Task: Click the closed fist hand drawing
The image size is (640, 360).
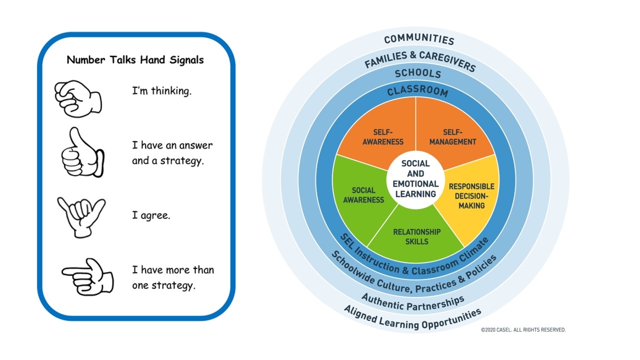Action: click(x=78, y=99)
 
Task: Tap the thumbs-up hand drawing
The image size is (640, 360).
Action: click(x=83, y=152)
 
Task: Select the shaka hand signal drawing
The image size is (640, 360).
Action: click(x=81, y=217)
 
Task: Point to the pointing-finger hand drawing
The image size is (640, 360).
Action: click(x=87, y=277)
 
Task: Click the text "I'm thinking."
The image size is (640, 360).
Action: click(x=161, y=91)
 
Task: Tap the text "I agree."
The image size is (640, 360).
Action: click(x=151, y=215)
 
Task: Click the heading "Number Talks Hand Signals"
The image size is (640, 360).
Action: click(x=135, y=60)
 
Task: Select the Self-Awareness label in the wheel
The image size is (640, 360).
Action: click(x=383, y=137)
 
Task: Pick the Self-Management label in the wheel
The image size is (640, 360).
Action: click(x=453, y=137)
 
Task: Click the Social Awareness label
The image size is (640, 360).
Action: click(x=363, y=195)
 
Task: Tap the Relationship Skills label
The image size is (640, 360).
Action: click(x=417, y=236)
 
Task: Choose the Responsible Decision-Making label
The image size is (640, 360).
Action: click(x=471, y=196)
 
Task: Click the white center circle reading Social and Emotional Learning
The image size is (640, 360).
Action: click(x=415, y=179)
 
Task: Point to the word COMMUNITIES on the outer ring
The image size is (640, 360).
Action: click(x=419, y=39)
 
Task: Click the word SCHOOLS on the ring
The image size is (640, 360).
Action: click(x=418, y=73)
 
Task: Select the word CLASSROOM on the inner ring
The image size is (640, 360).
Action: click(x=417, y=90)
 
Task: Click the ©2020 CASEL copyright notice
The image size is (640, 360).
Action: click(x=523, y=330)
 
